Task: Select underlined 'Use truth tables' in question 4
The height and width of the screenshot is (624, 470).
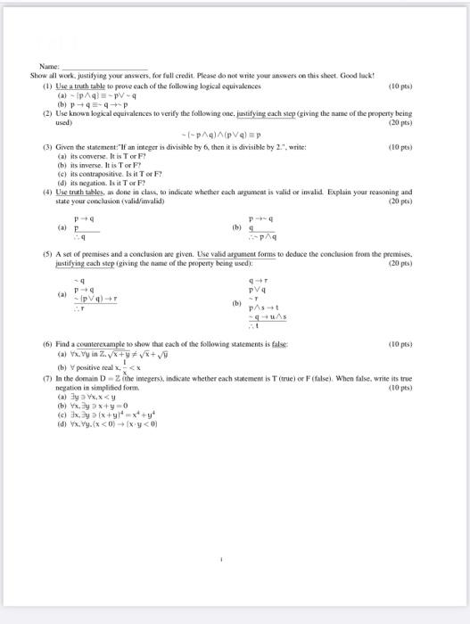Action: (79, 191)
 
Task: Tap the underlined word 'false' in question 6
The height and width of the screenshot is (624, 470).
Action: (280, 368)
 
